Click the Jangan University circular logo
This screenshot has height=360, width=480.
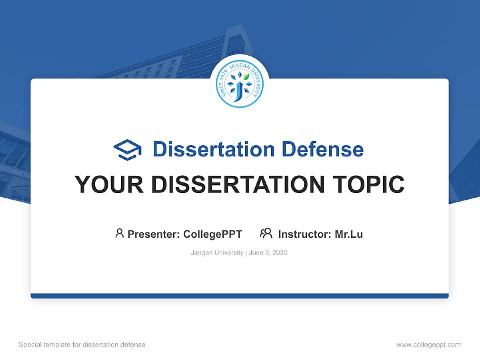tap(239, 85)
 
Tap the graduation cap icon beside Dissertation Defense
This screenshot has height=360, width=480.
tap(127, 149)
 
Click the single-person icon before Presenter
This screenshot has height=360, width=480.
tap(119, 233)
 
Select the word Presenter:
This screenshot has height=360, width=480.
tap(154, 234)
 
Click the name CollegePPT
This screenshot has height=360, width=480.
tap(213, 234)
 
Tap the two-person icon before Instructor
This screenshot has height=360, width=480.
tap(266, 233)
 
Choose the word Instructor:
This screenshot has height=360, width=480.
tap(305, 234)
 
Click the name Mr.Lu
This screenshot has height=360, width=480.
tap(349, 234)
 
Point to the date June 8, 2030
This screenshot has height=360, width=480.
tap(268, 253)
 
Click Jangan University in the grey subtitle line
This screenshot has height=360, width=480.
tap(217, 253)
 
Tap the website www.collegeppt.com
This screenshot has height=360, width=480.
tap(428, 345)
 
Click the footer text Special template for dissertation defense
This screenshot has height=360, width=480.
tap(82, 345)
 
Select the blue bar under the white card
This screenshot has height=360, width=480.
tap(240, 296)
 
